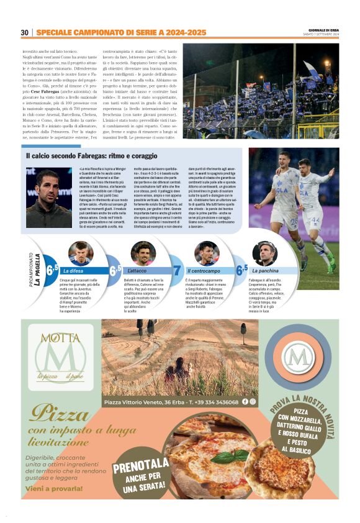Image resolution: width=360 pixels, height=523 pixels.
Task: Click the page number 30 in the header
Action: click(x=25, y=32)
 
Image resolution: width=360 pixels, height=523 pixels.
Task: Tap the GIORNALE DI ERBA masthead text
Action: click(x=323, y=29)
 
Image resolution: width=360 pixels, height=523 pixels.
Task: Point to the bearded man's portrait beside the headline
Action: click(x=49, y=198)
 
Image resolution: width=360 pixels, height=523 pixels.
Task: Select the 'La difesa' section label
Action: click(x=73, y=271)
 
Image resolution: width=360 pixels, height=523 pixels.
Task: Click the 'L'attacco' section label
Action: click(x=137, y=271)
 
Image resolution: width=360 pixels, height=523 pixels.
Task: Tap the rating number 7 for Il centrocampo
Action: click(x=176, y=270)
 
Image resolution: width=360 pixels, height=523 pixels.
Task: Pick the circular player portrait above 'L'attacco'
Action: click(x=143, y=253)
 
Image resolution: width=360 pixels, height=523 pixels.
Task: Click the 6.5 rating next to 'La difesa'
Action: click(x=52, y=270)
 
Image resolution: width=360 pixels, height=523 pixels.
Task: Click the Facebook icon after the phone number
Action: click(x=245, y=402)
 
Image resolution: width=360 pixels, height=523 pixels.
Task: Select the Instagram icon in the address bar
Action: click(x=253, y=402)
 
